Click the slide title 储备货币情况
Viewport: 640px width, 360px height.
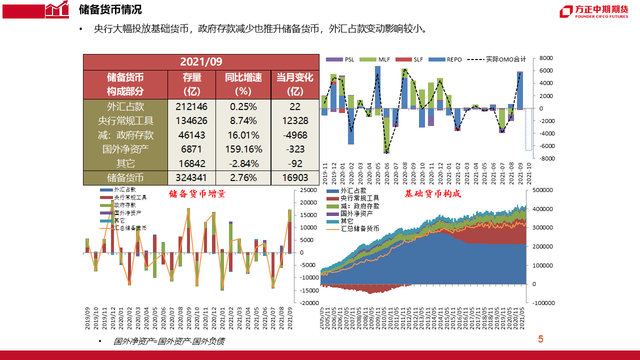tap(110, 9)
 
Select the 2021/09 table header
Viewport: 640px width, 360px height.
tap(201, 61)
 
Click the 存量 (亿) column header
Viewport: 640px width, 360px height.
tap(192, 84)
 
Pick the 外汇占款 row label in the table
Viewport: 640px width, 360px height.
tap(125, 106)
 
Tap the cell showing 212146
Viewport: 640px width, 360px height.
tap(192, 106)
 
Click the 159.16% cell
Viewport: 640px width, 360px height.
tap(243, 149)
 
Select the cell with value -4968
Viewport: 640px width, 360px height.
tap(294, 135)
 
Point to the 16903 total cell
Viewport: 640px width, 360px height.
tap(294, 177)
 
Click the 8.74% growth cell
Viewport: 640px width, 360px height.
tap(243, 120)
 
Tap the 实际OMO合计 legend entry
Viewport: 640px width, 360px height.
tap(495, 59)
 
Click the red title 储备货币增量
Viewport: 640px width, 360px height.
tap(197, 194)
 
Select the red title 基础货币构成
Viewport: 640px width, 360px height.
tap(432, 193)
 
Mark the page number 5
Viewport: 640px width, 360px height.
tap(540, 339)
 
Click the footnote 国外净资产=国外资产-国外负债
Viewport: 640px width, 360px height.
tap(169, 341)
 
